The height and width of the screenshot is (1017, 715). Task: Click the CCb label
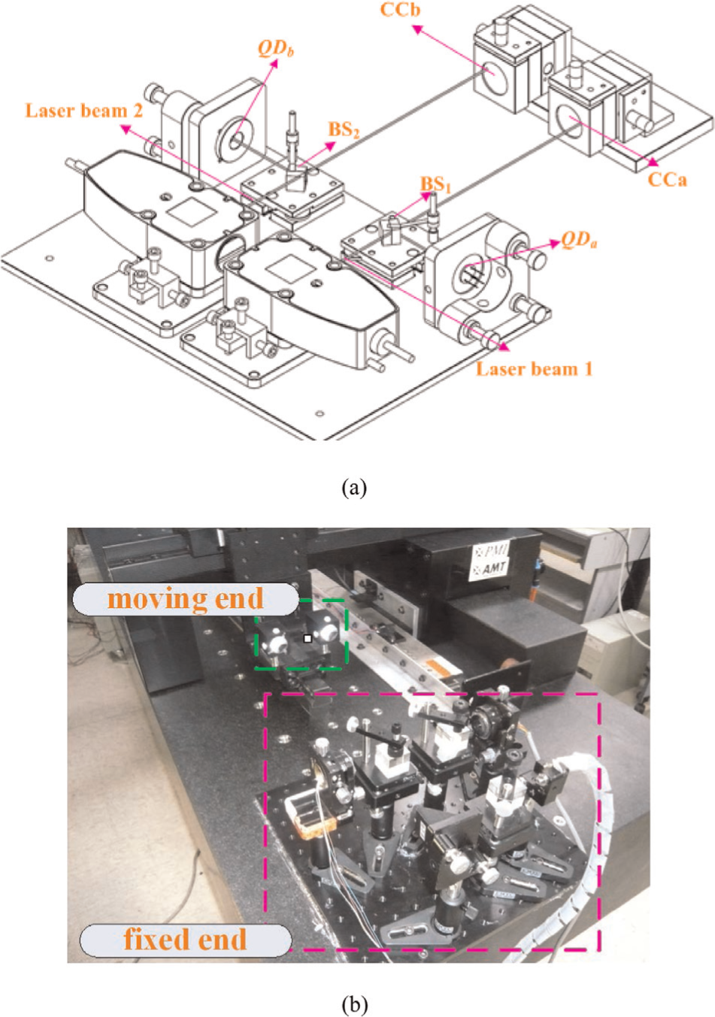tap(400, 10)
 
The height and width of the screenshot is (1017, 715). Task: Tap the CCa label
tap(668, 180)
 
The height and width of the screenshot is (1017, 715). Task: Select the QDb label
tap(276, 49)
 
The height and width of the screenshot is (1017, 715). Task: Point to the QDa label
tap(579, 240)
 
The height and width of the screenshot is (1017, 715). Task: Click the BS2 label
tap(344, 130)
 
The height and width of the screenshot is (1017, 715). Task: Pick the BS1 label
tap(435, 184)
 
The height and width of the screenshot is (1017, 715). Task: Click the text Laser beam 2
tap(83, 110)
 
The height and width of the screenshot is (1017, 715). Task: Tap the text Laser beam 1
tap(535, 368)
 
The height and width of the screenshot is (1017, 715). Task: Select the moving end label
tap(186, 598)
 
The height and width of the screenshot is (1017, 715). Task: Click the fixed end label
tap(185, 939)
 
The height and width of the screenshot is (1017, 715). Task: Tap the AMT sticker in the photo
tap(489, 569)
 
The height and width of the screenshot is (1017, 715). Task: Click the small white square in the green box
tap(308, 639)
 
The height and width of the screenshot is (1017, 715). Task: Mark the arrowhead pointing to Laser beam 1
tap(504, 348)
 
